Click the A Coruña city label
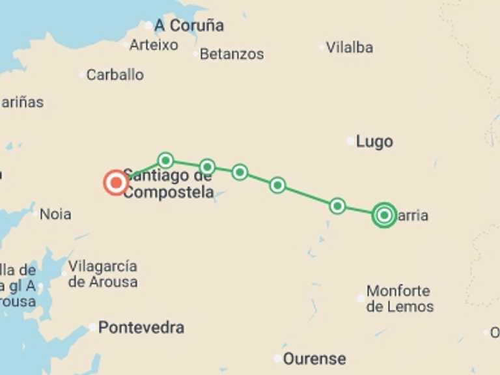click(189, 25)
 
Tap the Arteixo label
click(154, 45)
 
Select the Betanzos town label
click(232, 54)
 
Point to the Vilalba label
click(350, 47)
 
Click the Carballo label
click(115, 75)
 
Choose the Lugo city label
click(374, 141)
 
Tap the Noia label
click(55, 214)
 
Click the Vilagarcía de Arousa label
click(103, 274)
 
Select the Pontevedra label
click(141, 327)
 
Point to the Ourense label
click(314, 359)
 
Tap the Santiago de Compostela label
click(169, 184)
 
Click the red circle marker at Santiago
click(116, 183)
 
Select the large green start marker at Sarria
click(384, 215)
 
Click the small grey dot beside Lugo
click(350, 141)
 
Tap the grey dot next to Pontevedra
click(93, 327)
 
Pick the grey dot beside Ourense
click(278, 359)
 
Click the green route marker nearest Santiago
click(166, 160)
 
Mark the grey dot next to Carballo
click(83, 75)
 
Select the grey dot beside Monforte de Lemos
click(361, 298)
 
